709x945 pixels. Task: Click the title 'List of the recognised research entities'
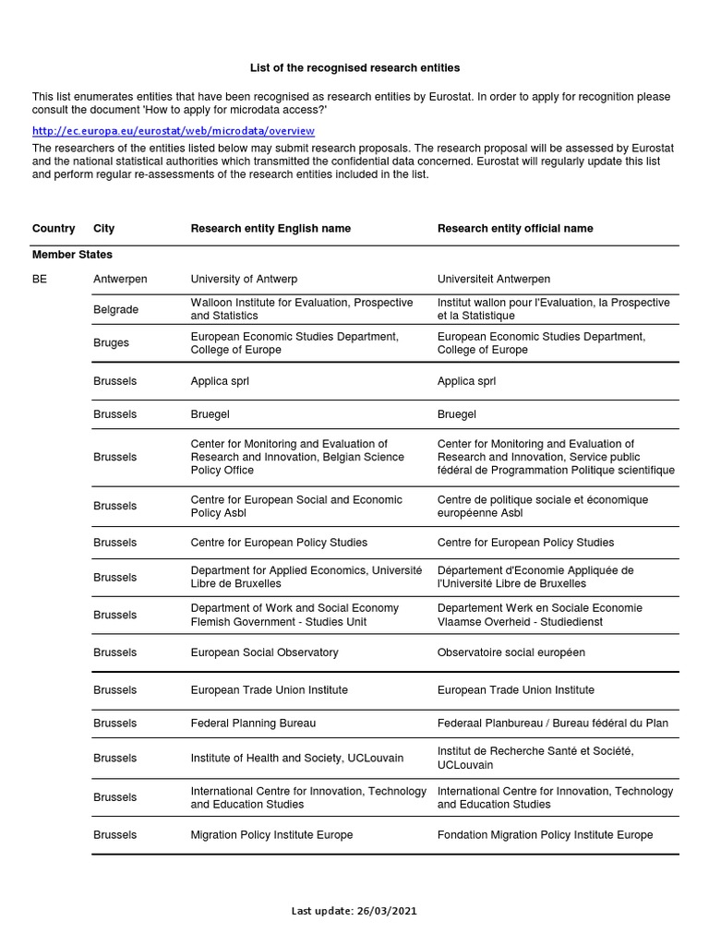click(354, 68)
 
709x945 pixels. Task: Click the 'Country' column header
click(54, 229)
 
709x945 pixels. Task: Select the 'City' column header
click(104, 229)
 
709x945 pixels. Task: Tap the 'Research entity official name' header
click(515, 229)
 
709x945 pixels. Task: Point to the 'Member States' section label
click(72, 255)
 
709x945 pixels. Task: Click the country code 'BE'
click(40, 279)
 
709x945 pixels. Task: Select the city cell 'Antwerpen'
click(120, 279)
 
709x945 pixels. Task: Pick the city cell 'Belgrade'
click(115, 310)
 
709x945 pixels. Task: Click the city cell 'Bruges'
click(111, 343)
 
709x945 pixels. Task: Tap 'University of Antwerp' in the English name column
click(244, 279)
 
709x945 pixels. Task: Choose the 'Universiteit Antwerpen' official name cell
click(496, 279)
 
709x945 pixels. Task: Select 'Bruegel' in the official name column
click(456, 415)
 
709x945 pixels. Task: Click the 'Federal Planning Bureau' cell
click(246, 724)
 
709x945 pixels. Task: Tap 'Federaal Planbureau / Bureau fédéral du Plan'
click(552, 724)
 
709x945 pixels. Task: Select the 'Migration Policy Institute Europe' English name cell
click(271, 835)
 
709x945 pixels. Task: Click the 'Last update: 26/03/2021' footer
click(354, 911)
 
